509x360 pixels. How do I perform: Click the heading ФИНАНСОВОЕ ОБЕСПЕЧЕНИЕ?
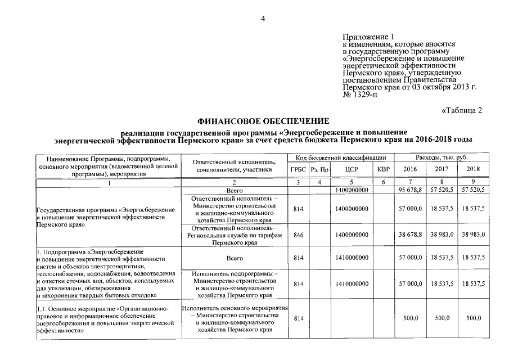tap(263, 121)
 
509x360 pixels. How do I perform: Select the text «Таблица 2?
tap(462, 110)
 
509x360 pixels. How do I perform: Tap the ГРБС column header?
tap(298, 169)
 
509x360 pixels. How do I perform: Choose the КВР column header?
tap(383, 169)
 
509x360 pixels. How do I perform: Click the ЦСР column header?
tap(351, 169)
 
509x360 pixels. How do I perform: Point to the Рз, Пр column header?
tap(319, 169)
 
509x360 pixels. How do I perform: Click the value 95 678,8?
tap(410, 191)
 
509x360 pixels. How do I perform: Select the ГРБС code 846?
tap(298, 236)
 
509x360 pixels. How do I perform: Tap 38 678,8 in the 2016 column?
tap(410, 236)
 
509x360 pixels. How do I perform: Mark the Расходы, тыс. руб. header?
tap(442, 157)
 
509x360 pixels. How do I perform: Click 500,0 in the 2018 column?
tap(474, 318)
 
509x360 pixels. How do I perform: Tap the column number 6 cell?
tap(383, 182)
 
